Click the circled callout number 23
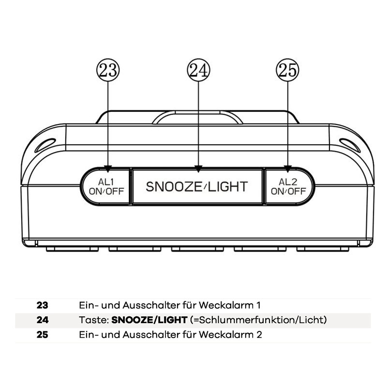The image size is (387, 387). point(108,71)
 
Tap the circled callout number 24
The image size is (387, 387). point(198,71)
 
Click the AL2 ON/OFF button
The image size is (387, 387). point(288,186)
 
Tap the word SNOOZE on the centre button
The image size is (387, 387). point(170,186)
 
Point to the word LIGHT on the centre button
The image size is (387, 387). point(228,186)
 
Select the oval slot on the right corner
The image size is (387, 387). point(350,144)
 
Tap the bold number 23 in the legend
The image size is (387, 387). point(43,306)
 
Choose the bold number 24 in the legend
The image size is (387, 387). point(43,320)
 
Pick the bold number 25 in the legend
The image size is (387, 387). point(43,335)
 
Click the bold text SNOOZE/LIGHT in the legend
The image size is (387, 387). point(149,320)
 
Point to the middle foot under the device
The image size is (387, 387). point(198,249)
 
